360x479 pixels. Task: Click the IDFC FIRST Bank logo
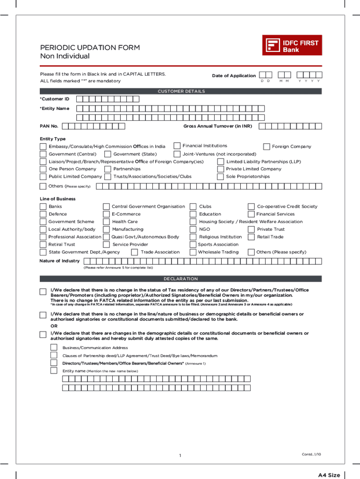[292, 45]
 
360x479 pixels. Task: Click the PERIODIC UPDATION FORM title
[90, 48]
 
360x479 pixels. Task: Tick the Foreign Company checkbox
[266, 146]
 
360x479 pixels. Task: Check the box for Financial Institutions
[177, 146]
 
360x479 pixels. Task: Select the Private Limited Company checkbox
[221, 169]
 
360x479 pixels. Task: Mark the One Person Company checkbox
[43, 169]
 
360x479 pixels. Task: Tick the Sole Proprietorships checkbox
[221, 177]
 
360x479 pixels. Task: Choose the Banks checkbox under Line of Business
[43, 206]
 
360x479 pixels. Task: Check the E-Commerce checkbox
[107, 214]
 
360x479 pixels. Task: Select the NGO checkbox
[193, 229]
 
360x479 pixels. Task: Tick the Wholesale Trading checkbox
[193, 252]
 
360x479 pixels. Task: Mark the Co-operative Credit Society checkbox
[252, 206]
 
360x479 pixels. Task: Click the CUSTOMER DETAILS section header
[181, 91]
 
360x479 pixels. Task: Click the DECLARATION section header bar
[181, 279]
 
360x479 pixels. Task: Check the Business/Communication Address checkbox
[54, 348]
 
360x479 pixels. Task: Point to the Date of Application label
[234, 76]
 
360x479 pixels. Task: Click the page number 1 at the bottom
[180, 456]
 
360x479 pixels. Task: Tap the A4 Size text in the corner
[329, 475]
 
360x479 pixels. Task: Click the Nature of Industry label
[59, 261]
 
